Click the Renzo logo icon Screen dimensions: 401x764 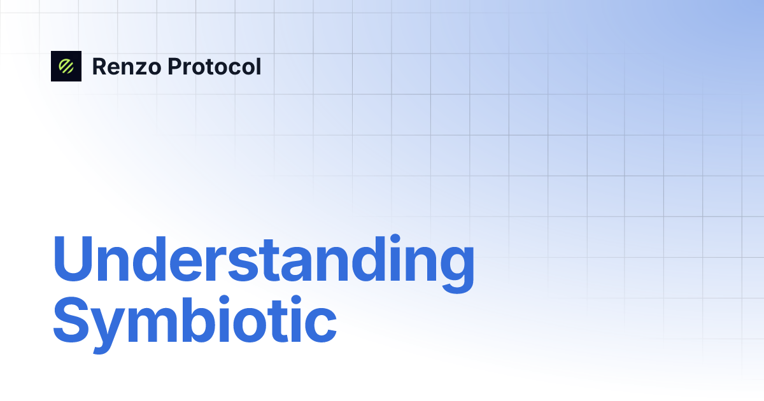point(66,66)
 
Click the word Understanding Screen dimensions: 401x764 point(263,261)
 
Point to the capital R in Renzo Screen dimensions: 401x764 point(99,66)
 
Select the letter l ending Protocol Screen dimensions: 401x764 point(258,66)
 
